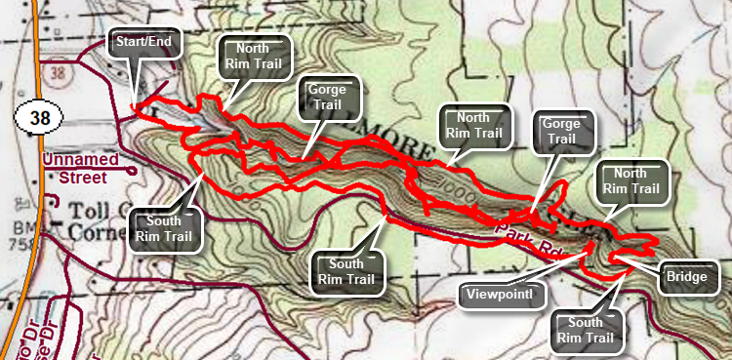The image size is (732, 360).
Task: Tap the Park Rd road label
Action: click(527, 238)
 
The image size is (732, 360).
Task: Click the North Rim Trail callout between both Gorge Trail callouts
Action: click(473, 125)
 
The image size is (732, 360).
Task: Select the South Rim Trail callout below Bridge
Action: click(587, 331)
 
